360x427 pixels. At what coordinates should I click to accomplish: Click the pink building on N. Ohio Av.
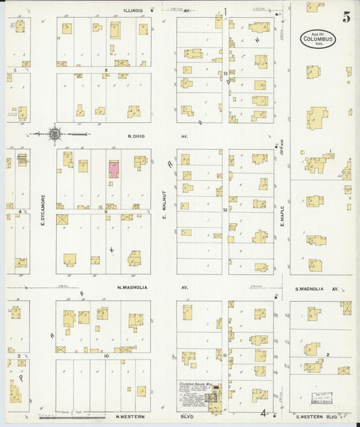(x=113, y=169)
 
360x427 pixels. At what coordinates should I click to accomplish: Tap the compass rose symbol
(x=54, y=134)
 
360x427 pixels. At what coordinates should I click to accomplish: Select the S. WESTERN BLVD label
(x=319, y=416)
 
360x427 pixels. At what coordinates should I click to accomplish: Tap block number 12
(x=225, y=211)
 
